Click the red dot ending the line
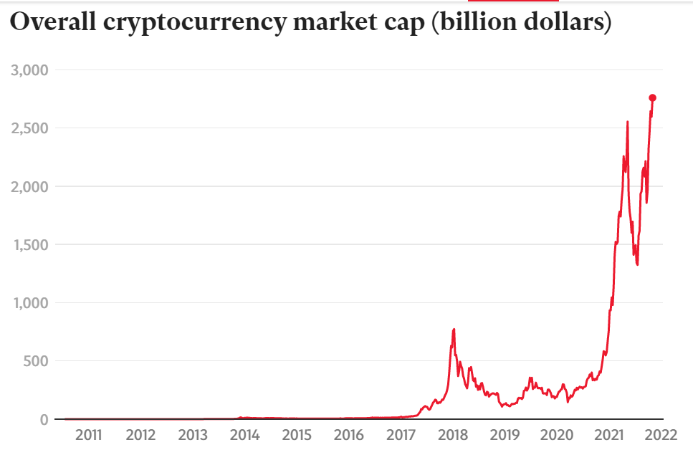click(653, 98)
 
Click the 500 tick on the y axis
click(35, 360)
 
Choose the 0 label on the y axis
click(43, 419)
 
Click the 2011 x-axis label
click(89, 435)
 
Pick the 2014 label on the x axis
click(245, 435)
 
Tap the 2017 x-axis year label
click(401, 435)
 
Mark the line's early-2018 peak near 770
click(454, 330)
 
